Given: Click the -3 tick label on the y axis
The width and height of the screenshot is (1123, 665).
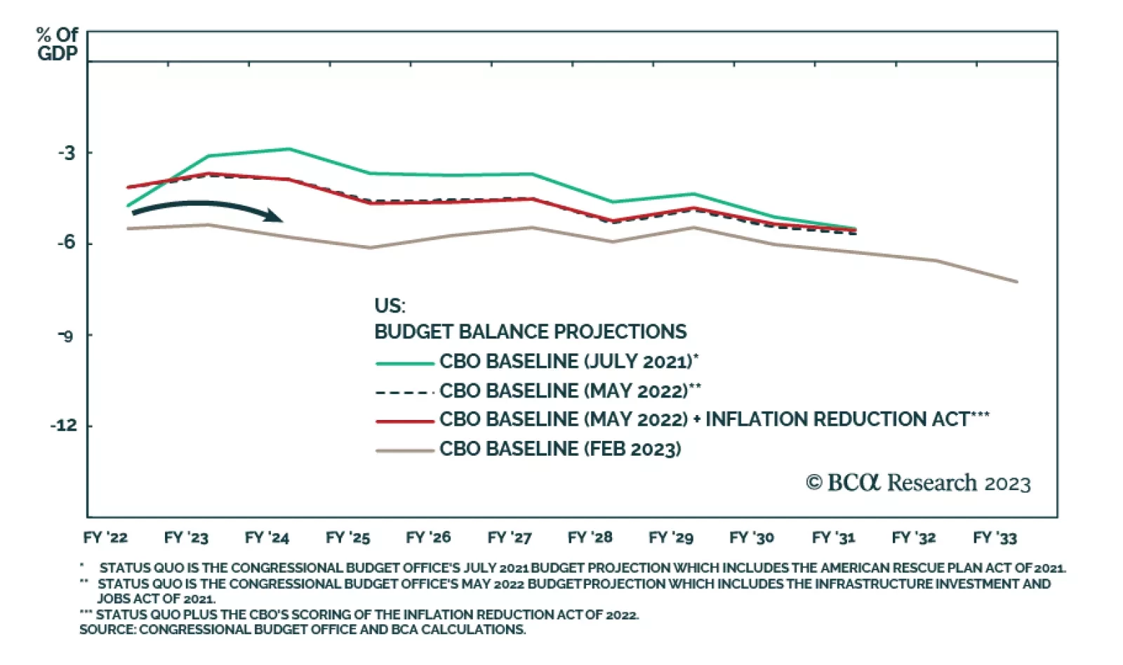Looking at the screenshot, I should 67,153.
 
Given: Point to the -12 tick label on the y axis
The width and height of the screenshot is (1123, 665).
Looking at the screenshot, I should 64,426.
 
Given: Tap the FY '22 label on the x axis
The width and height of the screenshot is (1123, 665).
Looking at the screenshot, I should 105,538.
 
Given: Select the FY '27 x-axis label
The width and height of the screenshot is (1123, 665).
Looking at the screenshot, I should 510,538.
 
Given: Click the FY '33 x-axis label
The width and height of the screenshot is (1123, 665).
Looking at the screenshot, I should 995,538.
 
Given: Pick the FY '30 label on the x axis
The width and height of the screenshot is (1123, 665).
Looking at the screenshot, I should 752,538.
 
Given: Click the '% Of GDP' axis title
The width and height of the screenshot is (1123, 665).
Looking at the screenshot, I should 58,44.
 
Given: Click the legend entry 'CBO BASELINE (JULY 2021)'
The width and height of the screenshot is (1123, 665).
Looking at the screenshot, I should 569,362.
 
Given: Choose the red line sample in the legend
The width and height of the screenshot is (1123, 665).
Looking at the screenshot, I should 404,421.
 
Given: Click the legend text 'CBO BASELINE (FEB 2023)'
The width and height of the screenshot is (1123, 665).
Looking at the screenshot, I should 560,449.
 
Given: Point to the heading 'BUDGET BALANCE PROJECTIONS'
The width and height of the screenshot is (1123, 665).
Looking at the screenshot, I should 530,331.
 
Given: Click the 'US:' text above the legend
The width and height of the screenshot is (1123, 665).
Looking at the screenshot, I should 390,306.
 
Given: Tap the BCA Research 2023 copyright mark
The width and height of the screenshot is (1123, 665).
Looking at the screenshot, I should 918,483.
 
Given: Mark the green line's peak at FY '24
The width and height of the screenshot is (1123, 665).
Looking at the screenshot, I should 289,149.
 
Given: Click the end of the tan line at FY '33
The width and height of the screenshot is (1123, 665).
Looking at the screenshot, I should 1017,282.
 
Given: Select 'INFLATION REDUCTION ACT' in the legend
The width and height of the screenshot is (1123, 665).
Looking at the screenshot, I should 837,419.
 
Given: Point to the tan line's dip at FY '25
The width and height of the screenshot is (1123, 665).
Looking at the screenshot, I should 370,248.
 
